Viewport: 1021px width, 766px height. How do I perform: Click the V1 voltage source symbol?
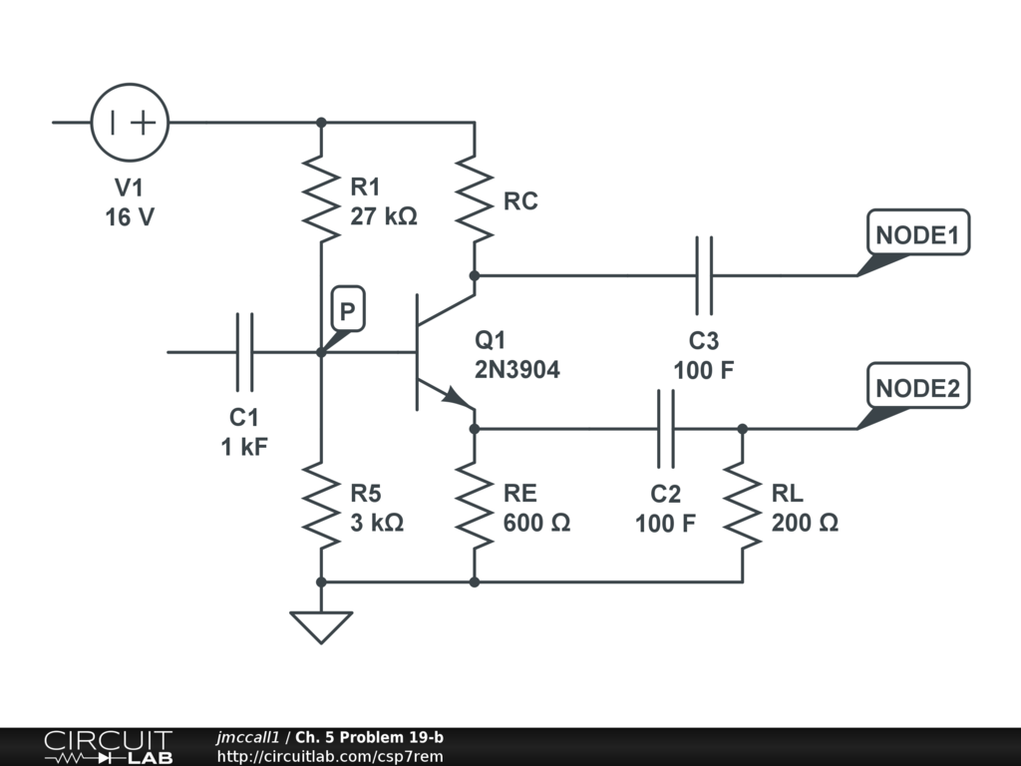[130, 123]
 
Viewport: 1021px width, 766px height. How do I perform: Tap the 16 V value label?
[130, 216]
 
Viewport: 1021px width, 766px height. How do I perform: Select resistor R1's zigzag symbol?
[321, 197]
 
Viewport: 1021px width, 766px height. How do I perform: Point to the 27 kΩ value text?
[384, 215]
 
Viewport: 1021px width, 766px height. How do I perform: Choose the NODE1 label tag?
[917, 235]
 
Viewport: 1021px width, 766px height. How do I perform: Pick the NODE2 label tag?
[917, 389]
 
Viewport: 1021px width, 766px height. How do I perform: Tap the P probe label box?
[346, 312]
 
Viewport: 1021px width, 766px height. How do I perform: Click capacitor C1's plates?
[244, 352]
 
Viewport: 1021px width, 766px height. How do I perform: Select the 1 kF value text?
[244, 446]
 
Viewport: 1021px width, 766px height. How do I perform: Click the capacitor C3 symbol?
[704, 274]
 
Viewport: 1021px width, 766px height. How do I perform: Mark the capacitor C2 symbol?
[665, 429]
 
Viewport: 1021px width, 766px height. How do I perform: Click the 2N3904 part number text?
[517, 369]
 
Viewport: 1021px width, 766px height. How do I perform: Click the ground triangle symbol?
[321, 626]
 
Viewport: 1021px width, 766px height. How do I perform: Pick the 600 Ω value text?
[536, 522]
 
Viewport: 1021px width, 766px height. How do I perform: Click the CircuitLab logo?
[108, 747]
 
